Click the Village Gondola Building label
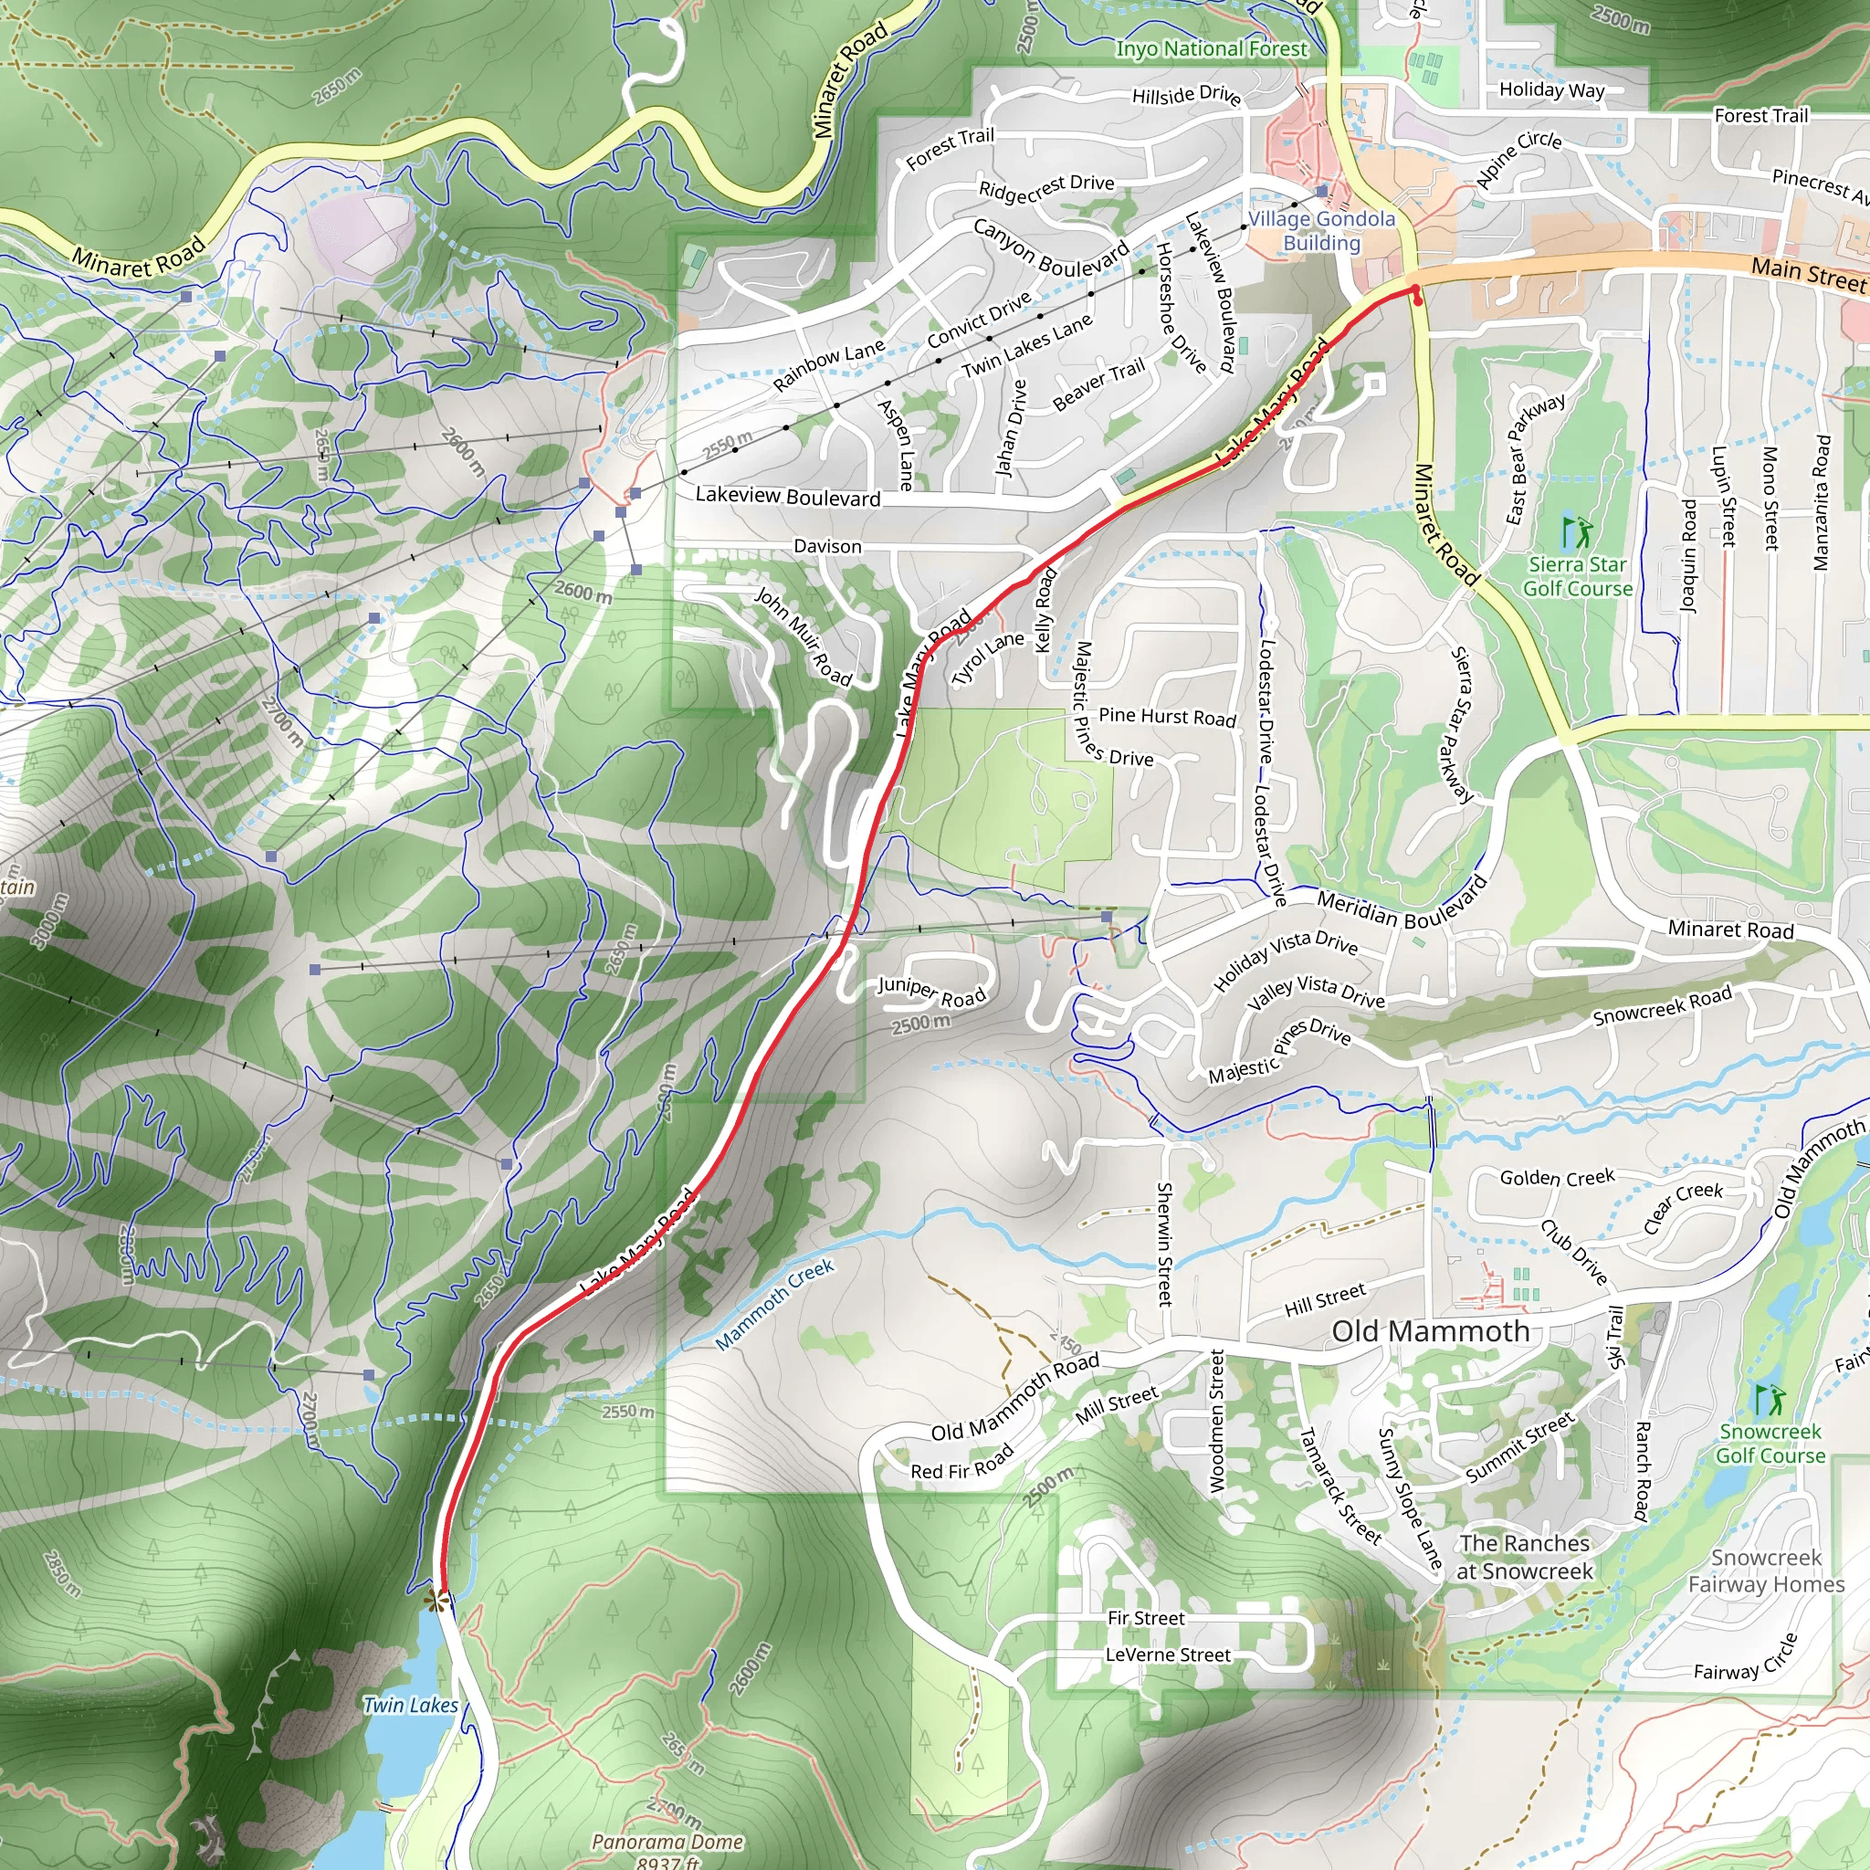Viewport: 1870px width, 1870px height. tap(1321, 230)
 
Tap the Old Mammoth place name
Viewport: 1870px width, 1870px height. tap(1430, 1331)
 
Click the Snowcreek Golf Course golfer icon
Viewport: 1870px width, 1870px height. tap(1770, 1399)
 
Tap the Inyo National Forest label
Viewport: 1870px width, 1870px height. tap(1211, 48)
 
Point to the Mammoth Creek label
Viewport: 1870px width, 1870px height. tap(774, 1303)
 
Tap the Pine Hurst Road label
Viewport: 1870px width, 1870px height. tap(1167, 716)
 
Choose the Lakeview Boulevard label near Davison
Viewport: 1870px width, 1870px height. tap(788, 497)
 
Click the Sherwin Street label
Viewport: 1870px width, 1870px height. tap(1165, 1244)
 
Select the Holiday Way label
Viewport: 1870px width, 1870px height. tap(1551, 90)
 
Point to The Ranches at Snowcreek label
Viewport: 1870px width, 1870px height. tap(1525, 1557)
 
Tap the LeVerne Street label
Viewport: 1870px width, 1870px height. tap(1167, 1655)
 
